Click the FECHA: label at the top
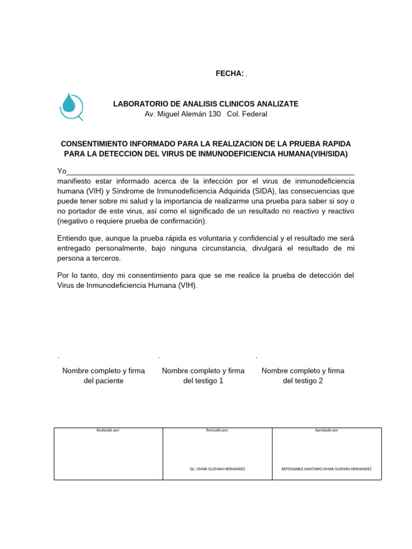pos(230,73)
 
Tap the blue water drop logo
pos(71,106)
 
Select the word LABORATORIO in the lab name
pos(137,103)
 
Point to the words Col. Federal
pos(247,114)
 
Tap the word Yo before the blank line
pos(62,171)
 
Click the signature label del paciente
pos(107,381)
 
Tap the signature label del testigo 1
pos(203,381)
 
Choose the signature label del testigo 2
pos(303,381)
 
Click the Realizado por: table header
pos(108,430)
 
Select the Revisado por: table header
pos(217,430)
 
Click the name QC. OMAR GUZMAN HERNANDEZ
pos(217,469)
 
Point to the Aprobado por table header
pos(326,430)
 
